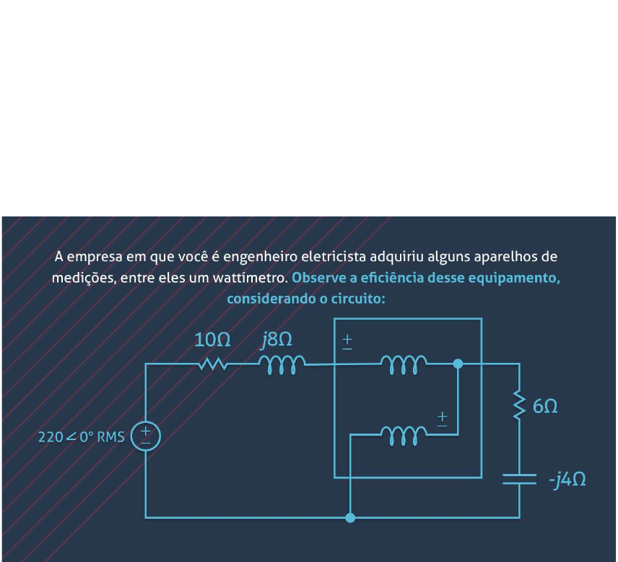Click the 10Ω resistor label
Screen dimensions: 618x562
[212, 340]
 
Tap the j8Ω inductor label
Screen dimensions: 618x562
[277, 340]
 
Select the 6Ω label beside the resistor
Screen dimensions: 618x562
[545, 407]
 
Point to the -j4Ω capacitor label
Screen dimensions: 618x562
[566, 480]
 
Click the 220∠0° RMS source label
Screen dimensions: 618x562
[81, 436]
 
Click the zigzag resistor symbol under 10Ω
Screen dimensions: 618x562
[212, 364]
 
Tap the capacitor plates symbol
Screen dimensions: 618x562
[518, 480]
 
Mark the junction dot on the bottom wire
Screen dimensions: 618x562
[350, 517]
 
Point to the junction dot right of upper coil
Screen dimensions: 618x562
[458, 364]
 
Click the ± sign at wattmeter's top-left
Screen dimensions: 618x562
[347, 341]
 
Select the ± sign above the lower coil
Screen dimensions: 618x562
[442, 418]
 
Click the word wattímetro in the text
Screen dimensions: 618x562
[256, 278]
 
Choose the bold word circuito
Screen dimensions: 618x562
[359, 298]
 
